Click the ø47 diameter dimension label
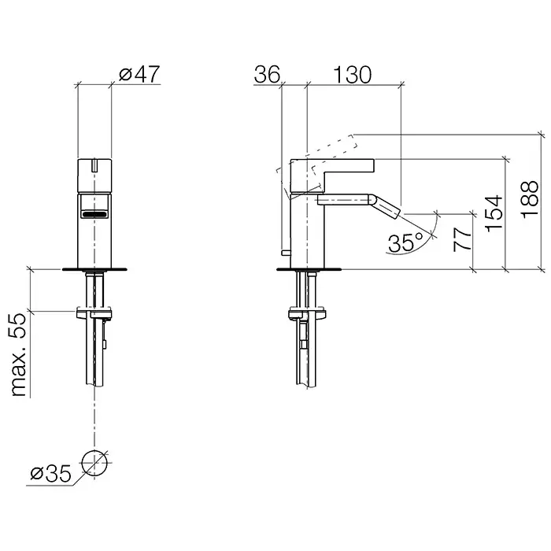click(139, 74)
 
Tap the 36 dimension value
click(267, 74)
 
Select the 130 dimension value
click(352, 75)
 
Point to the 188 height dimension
click(530, 200)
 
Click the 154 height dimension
click(494, 213)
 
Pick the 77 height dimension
click(463, 239)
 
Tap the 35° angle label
click(406, 242)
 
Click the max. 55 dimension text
click(17, 355)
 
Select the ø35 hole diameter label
click(51, 474)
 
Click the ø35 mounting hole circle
click(94, 463)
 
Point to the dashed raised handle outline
click(317, 165)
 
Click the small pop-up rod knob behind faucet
click(286, 253)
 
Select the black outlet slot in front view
click(94, 213)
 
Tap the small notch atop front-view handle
click(94, 165)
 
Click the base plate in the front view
click(94, 269)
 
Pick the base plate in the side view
click(309, 269)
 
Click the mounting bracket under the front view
click(94, 312)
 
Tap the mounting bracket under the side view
click(308, 313)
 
